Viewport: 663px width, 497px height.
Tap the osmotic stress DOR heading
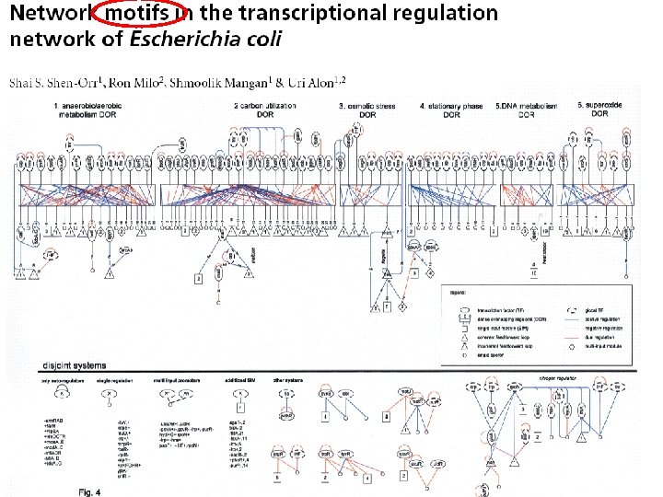point(368,110)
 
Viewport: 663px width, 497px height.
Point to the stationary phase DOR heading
point(452,110)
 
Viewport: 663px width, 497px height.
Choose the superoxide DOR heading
point(599,110)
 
